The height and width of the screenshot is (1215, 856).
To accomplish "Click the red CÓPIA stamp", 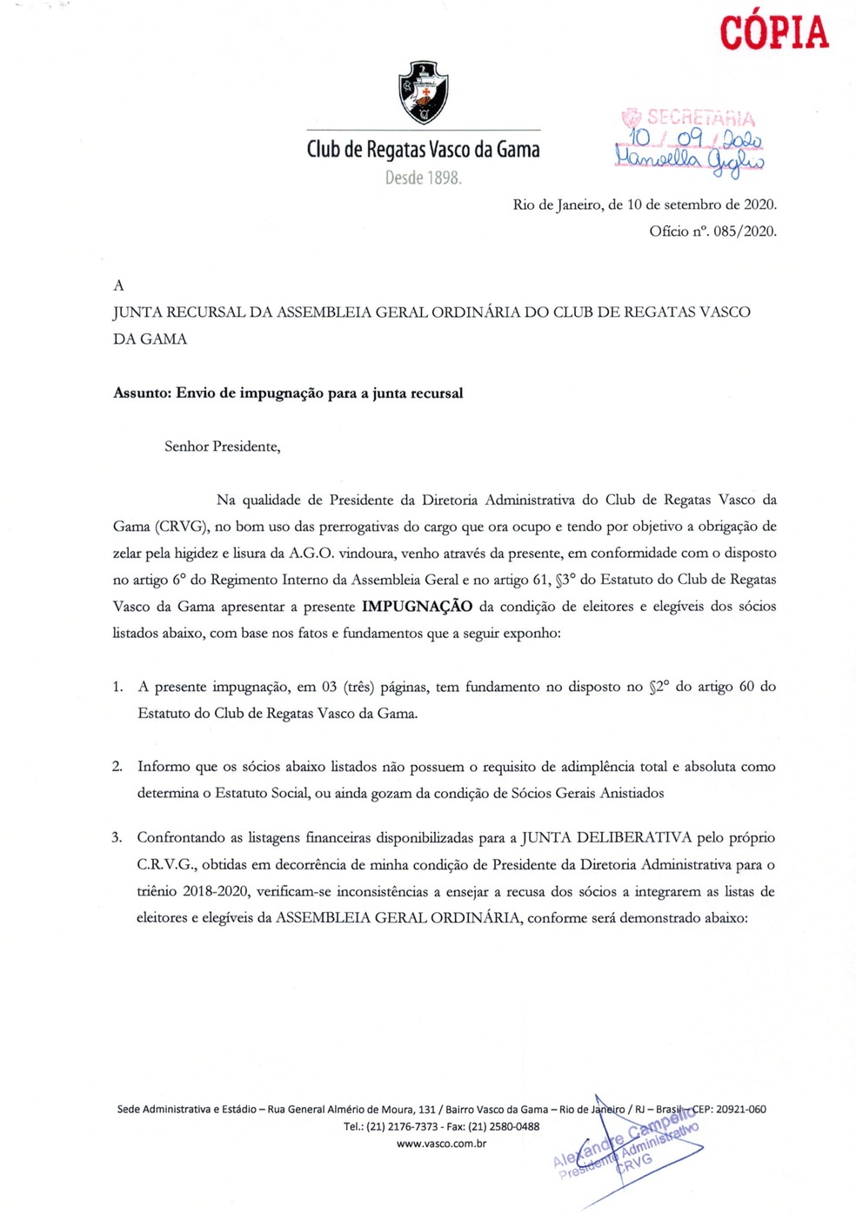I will point(773,33).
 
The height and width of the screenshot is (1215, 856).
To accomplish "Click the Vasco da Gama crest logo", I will point(423,92).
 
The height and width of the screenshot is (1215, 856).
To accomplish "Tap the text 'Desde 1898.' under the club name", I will point(424,178).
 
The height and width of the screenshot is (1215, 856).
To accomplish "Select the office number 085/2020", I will point(745,232).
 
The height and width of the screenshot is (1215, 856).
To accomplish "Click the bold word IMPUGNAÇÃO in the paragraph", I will point(418,607).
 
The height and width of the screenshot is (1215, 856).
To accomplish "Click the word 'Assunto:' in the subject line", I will point(142,393).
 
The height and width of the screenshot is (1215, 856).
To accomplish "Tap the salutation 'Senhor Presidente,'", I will point(223,446).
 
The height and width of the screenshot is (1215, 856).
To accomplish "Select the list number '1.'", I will point(117,687).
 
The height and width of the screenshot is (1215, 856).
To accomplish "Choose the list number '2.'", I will point(117,767).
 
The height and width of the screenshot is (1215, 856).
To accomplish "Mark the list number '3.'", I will point(117,838).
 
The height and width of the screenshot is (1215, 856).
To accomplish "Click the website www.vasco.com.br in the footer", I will point(441,1144).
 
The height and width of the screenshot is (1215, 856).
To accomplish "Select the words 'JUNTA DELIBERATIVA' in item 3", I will point(605,838).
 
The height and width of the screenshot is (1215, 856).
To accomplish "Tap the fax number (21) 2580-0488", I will point(504,1126).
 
